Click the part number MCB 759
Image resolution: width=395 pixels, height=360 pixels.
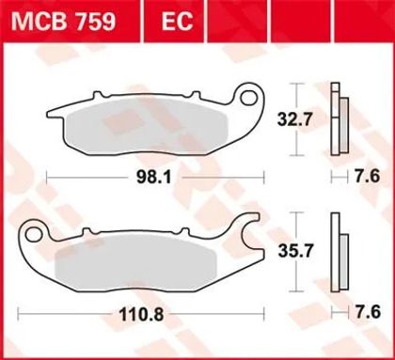(x=64, y=22)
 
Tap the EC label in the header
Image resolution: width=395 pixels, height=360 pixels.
(x=177, y=22)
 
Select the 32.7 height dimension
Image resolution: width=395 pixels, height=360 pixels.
(x=295, y=119)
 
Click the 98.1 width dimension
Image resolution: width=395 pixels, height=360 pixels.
(x=154, y=178)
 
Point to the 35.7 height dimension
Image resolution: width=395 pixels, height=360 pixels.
(x=296, y=252)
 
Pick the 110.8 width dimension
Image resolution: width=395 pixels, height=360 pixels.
(x=141, y=314)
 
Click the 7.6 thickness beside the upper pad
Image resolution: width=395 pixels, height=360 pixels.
(x=368, y=177)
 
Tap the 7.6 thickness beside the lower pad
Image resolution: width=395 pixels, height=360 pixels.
(x=368, y=312)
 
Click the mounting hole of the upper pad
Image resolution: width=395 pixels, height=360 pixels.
(x=249, y=98)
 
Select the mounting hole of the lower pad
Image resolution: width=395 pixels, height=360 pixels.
(x=33, y=234)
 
